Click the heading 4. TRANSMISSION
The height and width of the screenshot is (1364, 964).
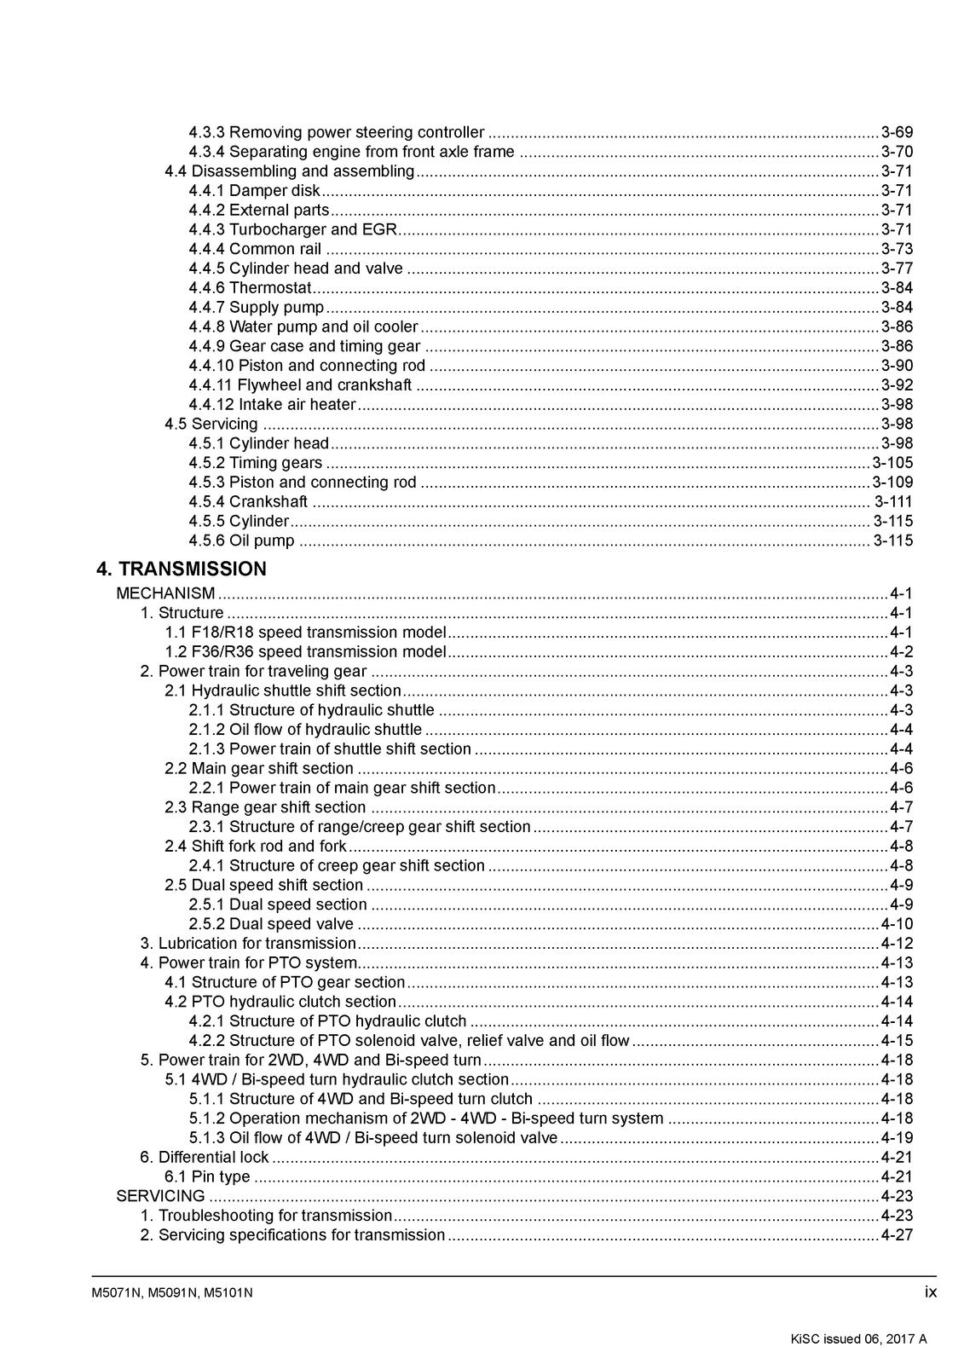pos(182,569)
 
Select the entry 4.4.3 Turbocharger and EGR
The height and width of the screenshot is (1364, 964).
pos(292,229)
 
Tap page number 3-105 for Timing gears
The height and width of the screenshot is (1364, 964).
pos(892,463)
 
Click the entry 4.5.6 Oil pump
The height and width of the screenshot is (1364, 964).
pos(241,540)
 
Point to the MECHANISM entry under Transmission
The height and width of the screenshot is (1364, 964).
pos(165,593)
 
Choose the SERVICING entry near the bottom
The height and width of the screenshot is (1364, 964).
pos(160,1196)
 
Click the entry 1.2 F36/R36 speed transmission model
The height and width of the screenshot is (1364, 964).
pos(305,652)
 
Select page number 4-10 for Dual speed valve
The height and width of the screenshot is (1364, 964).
pos(896,924)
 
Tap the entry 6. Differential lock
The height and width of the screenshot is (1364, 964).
pos(205,1157)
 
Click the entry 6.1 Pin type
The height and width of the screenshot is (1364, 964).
pos(207,1176)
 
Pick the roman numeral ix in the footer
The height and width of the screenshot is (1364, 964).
pos(930,1292)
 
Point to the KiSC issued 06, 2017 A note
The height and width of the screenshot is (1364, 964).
pos(858,1338)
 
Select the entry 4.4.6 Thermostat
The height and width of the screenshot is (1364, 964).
pos(250,288)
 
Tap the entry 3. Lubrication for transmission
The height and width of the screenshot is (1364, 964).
pos(248,944)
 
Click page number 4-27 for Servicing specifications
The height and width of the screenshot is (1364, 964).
pos(896,1235)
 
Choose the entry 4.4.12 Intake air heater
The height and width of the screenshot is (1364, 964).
pos(272,405)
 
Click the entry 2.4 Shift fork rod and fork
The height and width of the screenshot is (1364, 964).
pos(256,847)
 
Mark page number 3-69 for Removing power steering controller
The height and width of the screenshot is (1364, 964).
pos(896,132)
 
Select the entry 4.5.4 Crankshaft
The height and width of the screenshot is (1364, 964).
pos(248,502)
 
